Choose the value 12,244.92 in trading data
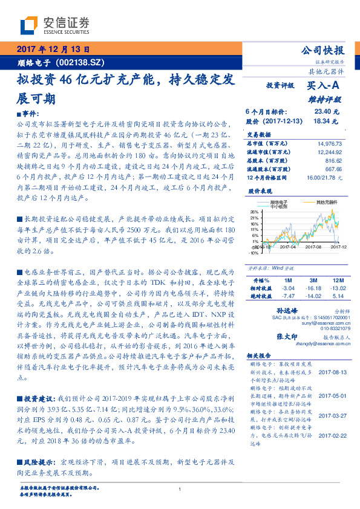tap(330, 152)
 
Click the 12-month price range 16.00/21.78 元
tap(324, 178)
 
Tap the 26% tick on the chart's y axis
tap(255, 212)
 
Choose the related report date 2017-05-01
tap(332, 395)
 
